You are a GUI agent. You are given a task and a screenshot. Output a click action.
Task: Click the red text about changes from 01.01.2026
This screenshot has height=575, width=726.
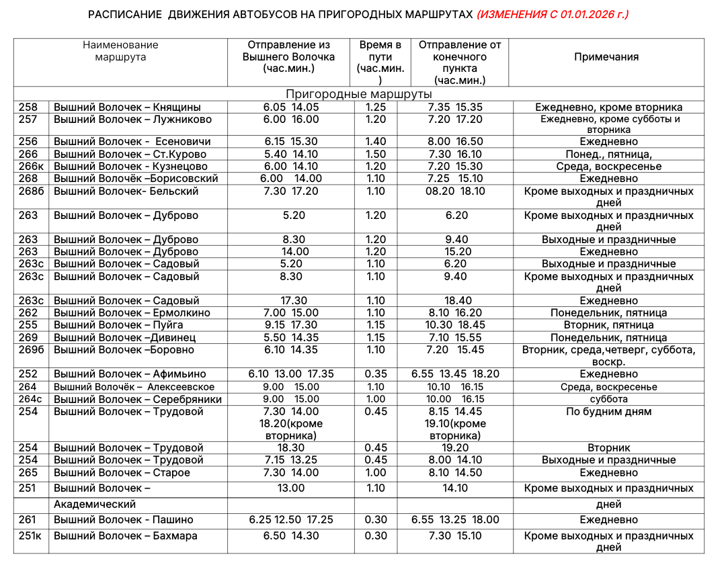552,15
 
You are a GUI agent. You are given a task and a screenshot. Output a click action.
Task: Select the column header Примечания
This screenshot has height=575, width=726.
606,57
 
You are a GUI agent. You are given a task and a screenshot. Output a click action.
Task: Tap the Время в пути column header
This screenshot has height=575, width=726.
380,57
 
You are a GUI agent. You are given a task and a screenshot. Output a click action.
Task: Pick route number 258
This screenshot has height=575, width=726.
29,107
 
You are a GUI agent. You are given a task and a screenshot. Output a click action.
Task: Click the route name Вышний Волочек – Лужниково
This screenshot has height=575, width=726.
132,120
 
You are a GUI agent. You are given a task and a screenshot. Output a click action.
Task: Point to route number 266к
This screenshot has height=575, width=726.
31,167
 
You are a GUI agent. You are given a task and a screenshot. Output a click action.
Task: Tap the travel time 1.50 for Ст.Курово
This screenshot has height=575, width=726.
376,154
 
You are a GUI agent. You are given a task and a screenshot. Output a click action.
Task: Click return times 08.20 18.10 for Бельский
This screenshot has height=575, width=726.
455,191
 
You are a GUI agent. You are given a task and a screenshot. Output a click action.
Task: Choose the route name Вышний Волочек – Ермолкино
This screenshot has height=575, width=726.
132,313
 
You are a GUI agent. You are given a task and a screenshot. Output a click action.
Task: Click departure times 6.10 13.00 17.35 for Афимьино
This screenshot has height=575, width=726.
290,374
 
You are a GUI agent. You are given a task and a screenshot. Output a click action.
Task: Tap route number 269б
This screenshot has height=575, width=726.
31,350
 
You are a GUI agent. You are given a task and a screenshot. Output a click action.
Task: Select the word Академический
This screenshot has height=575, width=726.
95,504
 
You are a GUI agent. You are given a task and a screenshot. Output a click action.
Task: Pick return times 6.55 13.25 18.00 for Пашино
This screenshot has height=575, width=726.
455,520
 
